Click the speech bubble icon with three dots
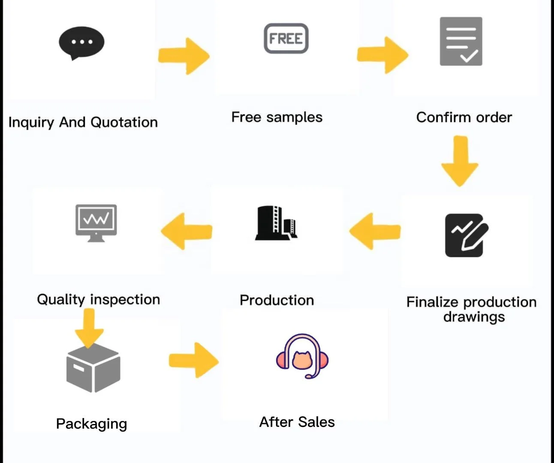click(x=81, y=43)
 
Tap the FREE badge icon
click(x=286, y=39)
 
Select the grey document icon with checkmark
click(x=461, y=42)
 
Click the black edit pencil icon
click(x=467, y=235)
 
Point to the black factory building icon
click(x=276, y=223)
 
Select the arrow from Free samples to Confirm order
click(x=382, y=55)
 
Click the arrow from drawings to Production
click(x=375, y=231)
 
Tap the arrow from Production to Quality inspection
click(x=187, y=231)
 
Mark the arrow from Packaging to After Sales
click(x=194, y=361)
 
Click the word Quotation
click(x=124, y=123)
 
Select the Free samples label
click(x=277, y=117)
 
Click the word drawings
click(x=474, y=317)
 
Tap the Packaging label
click(x=91, y=424)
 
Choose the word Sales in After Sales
click(x=316, y=422)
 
